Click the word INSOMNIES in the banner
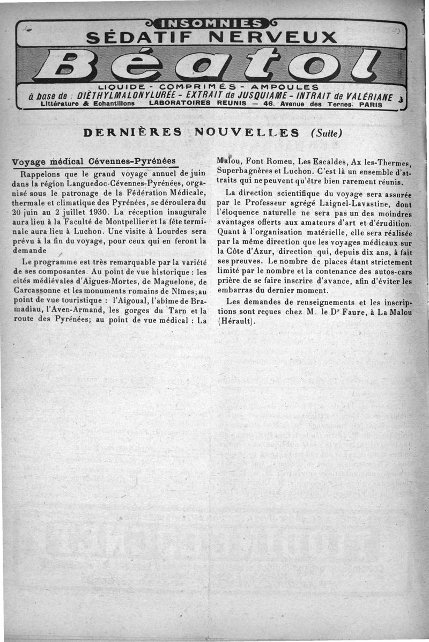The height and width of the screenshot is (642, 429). pyautogui.click(x=214, y=23)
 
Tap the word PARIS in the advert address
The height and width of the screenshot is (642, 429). pyautogui.click(x=371, y=105)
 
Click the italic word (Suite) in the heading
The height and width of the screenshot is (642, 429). pyautogui.click(x=326, y=132)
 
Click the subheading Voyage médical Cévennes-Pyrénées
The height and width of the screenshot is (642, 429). pyautogui.click(x=94, y=161)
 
